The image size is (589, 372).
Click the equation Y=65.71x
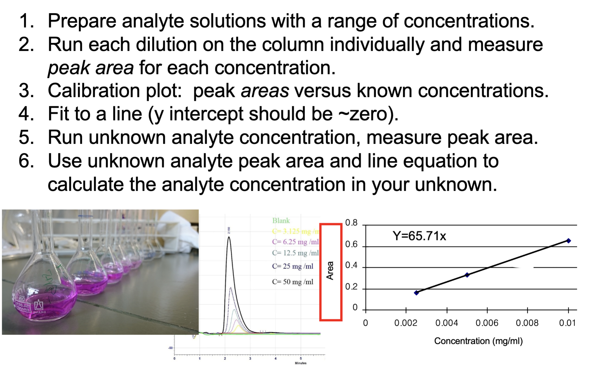click(x=419, y=236)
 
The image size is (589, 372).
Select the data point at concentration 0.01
click(x=568, y=241)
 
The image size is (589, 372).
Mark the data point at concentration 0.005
click(x=467, y=275)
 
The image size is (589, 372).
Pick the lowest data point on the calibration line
click(x=416, y=293)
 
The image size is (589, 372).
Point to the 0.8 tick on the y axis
click(x=351, y=223)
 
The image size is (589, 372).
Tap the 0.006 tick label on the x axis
click(x=487, y=323)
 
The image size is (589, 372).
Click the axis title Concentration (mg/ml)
click(x=478, y=341)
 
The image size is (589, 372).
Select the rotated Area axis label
click(x=330, y=271)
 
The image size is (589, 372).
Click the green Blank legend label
click(x=281, y=221)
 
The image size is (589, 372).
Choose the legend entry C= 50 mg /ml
click(x=292, y=282)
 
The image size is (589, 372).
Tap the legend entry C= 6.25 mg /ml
click(x=295, y=242)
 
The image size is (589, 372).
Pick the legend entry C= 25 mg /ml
click(x=292, y=266)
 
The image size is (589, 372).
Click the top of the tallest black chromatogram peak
click(x=228, y=237)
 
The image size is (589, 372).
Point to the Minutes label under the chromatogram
click(x=300, y=363)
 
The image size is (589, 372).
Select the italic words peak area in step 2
click(x=91, y=68)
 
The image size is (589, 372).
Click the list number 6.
click(x=26, y=161)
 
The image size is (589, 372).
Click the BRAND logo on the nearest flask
click(x=39, y=306)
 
